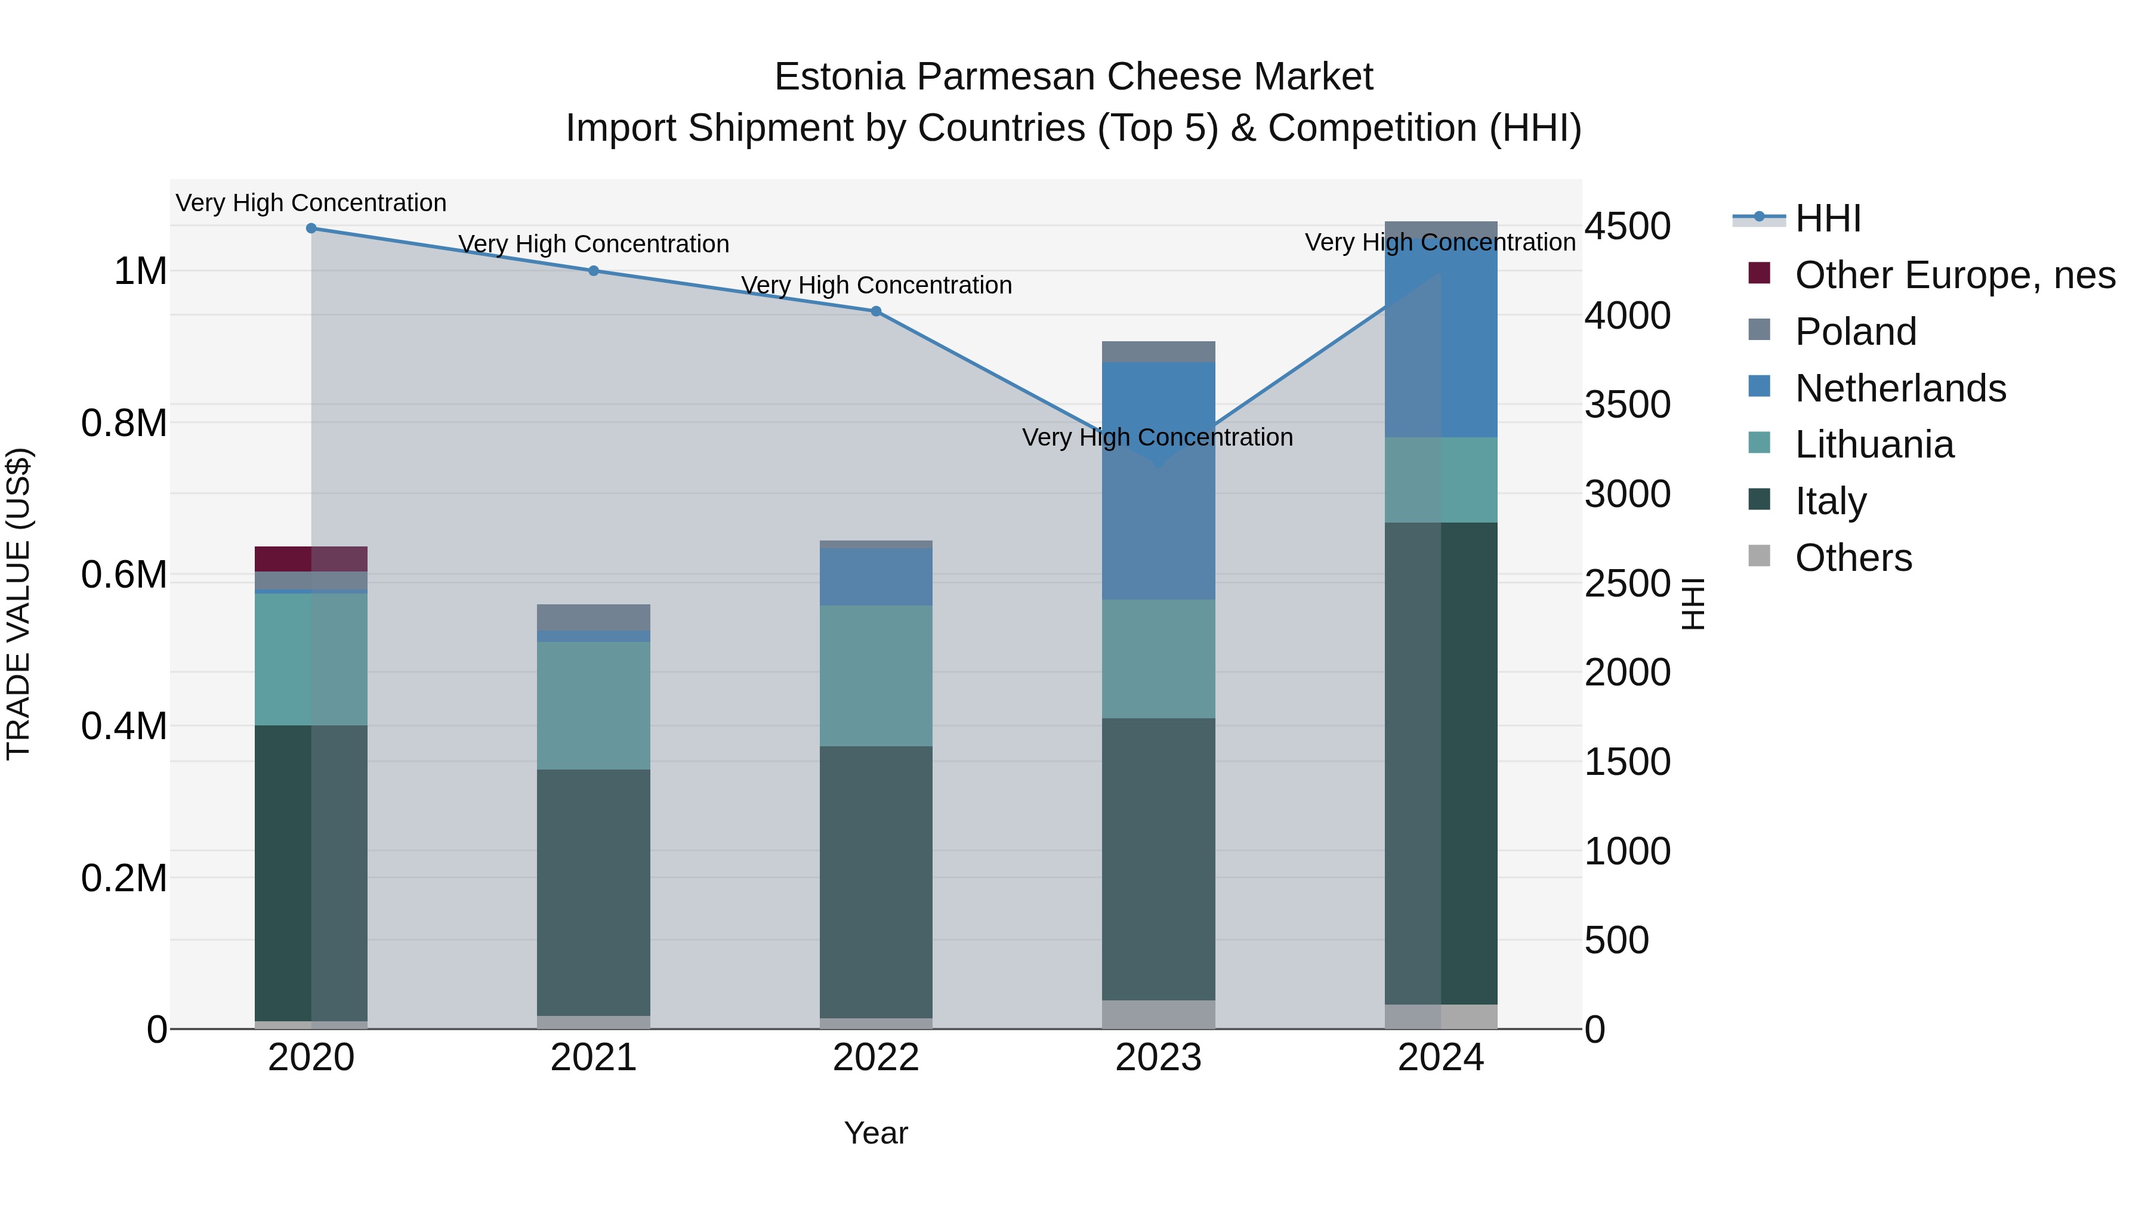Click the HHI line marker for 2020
[311, 228]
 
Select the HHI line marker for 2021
[594, 271]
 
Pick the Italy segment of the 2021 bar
[594, 892]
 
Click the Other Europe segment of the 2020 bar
[311, 558]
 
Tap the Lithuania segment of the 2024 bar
[1441, 480]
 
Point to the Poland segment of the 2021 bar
[594, 617]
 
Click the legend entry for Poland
[1855, 332]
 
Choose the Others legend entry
[1853, 558]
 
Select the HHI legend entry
[1828, 218]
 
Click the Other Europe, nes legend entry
[1955, 275]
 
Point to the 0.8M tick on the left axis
[124, 424]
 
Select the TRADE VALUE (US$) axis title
[18, 604]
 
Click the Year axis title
[875, 1133]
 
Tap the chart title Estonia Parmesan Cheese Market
[1073, 77]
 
